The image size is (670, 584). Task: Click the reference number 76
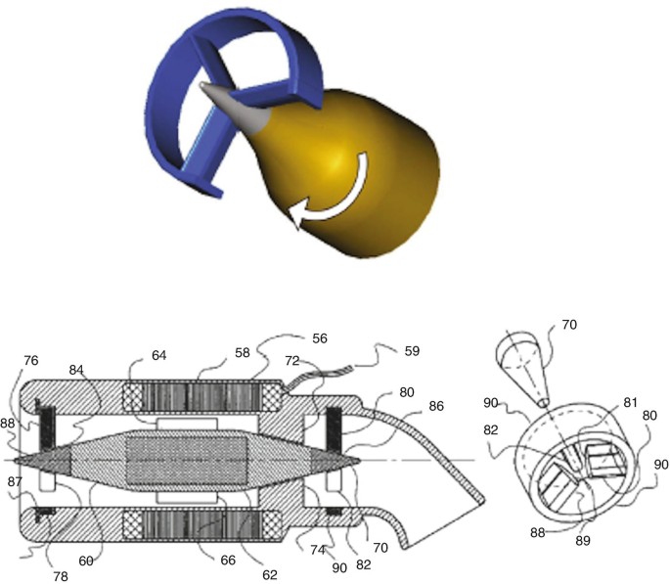point(31,361)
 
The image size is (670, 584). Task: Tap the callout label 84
point(76,370)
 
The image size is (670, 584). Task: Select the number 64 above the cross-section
point(159,355)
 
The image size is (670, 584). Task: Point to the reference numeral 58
point(243,353)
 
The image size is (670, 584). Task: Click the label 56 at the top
point(320,338)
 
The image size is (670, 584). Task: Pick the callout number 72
point(292,361)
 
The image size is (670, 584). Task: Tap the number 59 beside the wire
point(412,351)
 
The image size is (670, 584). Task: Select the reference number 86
point(436,406)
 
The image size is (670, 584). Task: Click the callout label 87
point(15,481)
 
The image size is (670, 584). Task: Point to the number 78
point(61,577)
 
